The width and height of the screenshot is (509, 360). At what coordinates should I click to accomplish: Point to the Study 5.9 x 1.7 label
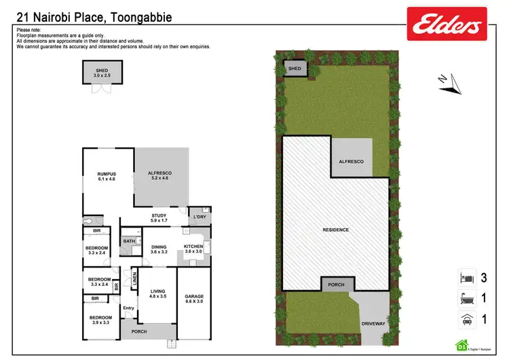(158, 218)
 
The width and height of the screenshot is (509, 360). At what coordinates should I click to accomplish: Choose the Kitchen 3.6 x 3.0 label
(194, 249)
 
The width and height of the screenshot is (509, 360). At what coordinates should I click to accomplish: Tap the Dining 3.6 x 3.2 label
(158, 249)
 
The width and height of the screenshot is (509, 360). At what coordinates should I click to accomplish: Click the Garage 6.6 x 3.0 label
(194, 299)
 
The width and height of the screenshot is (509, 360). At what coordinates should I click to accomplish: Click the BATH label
(129, 241)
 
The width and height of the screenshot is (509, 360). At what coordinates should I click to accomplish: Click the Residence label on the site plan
(336, 230)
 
